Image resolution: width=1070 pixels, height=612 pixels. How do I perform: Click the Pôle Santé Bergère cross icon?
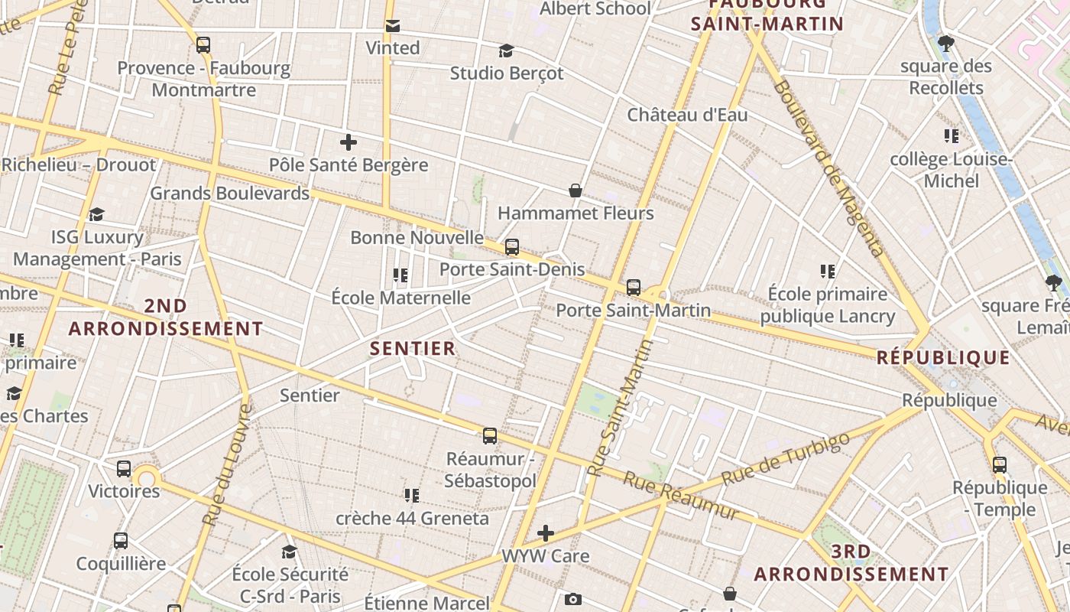tap(349, 142)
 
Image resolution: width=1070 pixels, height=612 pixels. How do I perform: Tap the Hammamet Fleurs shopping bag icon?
tap(576, 190)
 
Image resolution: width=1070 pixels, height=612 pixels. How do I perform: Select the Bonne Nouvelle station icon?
tap(512, 247)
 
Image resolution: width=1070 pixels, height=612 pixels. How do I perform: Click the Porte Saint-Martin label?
tap(633, 311)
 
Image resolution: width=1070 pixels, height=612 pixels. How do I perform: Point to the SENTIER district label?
tap(413, 349)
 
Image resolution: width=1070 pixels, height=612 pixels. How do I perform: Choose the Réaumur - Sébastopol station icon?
tap(490, 436)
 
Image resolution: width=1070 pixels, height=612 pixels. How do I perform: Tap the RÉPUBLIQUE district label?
tap(943, 357)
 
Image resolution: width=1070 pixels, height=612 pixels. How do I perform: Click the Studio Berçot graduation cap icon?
tap(506, 50)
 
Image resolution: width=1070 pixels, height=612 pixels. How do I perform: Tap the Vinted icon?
tap(393, 26)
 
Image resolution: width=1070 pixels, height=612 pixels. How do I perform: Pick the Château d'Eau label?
tap(687, 115)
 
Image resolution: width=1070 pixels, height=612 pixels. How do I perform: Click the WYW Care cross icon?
tap(546, 532)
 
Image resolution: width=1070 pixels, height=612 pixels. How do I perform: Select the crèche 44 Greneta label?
tap(412, 518)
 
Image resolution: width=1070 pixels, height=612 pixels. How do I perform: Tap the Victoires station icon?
tap(124, 468)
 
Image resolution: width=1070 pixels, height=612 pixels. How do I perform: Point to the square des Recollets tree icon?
tap(946, 43)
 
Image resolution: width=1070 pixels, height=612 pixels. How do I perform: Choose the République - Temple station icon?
tap(1000, 464)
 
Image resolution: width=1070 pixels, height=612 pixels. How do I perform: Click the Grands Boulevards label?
tap(229, 193)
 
